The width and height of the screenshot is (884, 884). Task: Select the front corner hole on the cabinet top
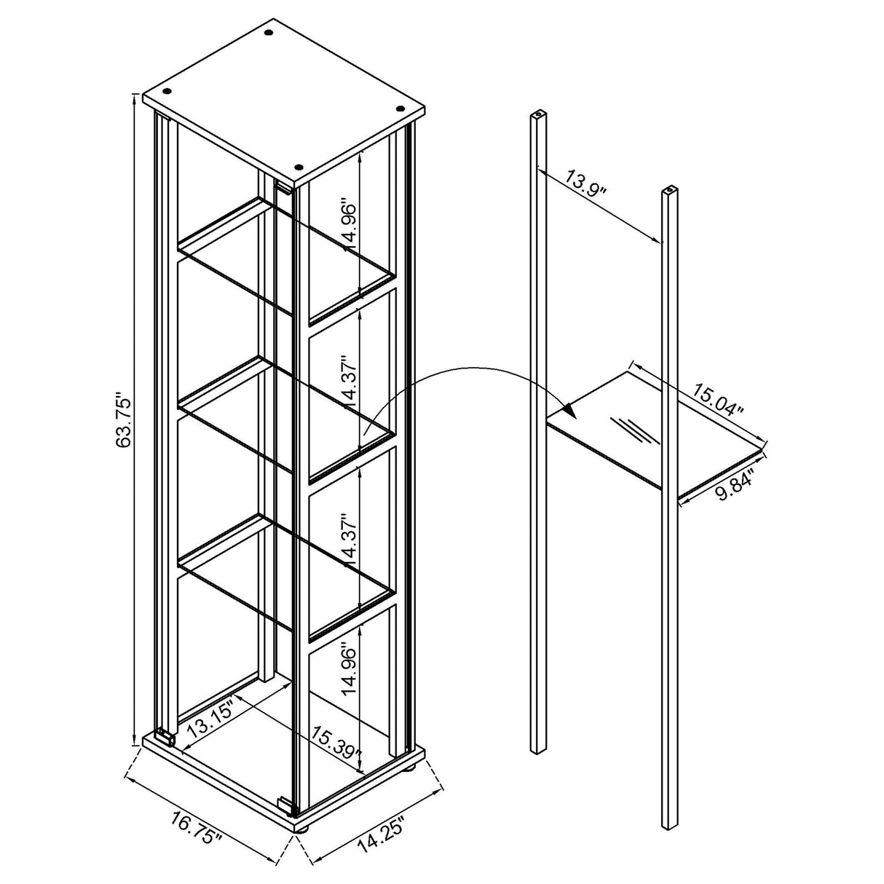click(x=298, y=167)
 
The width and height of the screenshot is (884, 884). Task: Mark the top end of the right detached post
click(x=667, y=192)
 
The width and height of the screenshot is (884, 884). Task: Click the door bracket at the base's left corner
click(x=167, y=738)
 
